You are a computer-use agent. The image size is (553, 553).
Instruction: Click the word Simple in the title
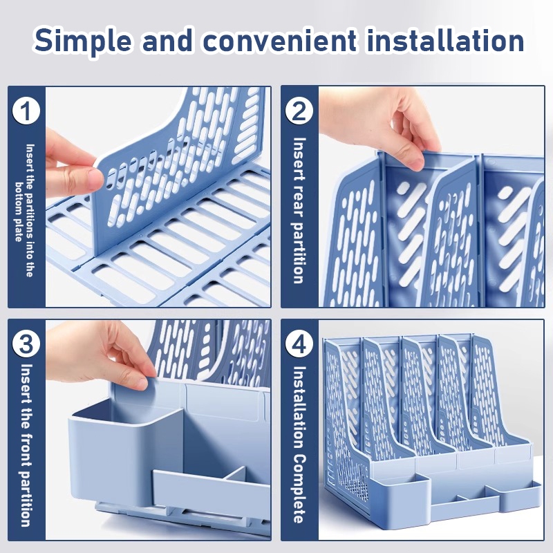82,41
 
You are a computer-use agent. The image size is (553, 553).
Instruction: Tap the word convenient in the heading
279,41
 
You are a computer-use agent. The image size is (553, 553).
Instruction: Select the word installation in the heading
445,40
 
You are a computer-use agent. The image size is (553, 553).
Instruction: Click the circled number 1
26,111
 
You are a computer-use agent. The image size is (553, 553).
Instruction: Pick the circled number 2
299,111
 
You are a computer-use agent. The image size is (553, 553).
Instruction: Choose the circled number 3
26,344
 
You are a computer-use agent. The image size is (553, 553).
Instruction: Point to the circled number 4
299,344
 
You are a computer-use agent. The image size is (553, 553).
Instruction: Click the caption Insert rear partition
299,211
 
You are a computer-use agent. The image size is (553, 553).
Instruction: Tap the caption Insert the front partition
26,445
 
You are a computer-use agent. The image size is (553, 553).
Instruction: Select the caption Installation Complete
299,444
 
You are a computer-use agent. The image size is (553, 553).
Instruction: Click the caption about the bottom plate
26,211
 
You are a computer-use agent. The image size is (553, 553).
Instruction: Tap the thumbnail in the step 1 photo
95,179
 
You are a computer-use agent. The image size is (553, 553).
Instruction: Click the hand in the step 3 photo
102,353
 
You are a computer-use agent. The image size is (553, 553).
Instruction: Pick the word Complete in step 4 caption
299,489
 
